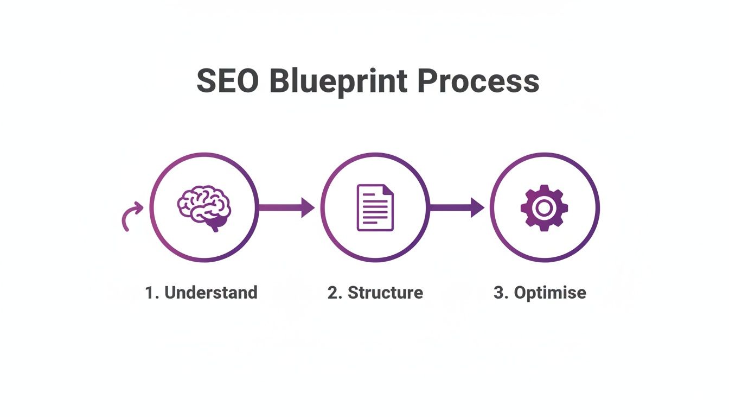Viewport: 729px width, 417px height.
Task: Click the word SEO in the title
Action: (x=227, y=82)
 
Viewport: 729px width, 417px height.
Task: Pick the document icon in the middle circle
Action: (x=375, y=207)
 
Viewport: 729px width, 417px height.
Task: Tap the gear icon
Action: (x=544, y=207)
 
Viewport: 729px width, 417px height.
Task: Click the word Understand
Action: (x=210, y=293)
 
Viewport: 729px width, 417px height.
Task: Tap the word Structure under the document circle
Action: (x=385, y=293)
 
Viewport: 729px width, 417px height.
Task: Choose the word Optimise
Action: (x=549, y=293)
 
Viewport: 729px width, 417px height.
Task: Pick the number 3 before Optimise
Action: (x=499, y=293)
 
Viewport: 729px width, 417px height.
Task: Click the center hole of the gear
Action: (x=544, y=207)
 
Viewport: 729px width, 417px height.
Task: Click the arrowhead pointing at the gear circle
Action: (x=477, y=207)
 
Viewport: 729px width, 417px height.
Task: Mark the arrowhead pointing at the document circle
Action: (x=308, y=207)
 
